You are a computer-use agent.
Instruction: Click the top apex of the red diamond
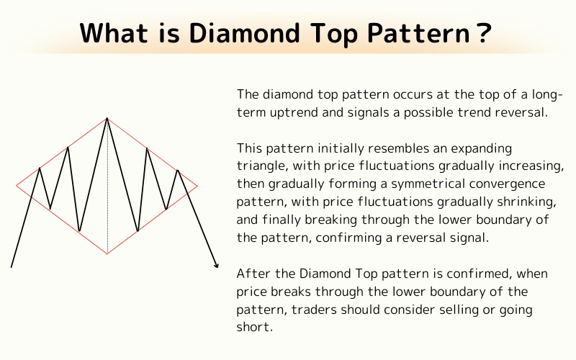[107, 117]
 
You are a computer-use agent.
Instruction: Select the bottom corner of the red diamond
[107, 253]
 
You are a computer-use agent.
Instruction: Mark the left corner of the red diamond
[17, 186]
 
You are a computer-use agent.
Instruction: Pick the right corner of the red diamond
[197, 186]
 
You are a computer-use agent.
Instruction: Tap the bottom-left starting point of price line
[12, 266]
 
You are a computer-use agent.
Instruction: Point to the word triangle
[261, 166]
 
